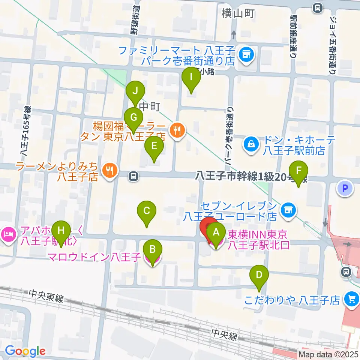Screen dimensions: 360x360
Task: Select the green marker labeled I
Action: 191,78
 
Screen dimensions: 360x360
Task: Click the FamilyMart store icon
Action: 247,55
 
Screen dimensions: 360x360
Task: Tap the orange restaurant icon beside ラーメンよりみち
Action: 109,170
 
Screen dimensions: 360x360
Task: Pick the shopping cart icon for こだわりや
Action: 351,299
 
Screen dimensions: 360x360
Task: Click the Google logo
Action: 25,351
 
